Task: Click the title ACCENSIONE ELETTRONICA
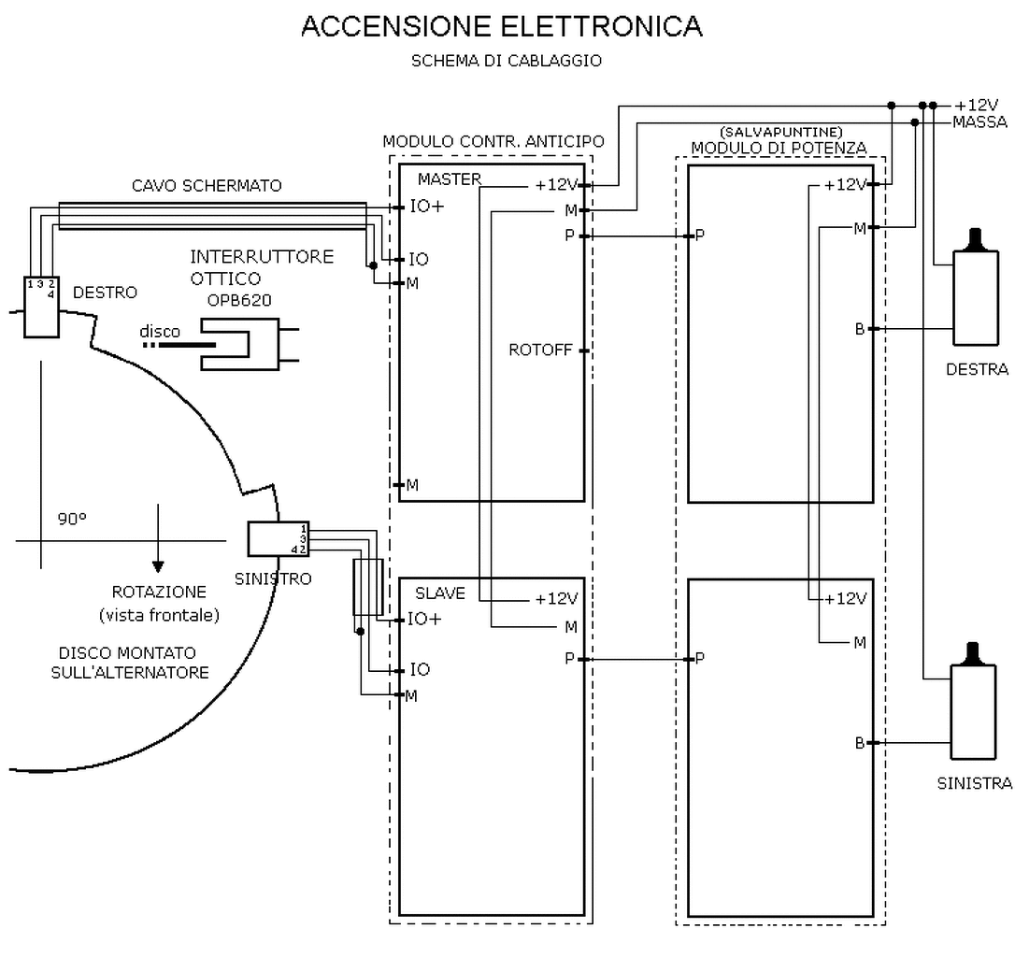(501, 27)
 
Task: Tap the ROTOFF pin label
(540, 350)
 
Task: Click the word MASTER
(449, 179)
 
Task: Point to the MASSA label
(979, 121)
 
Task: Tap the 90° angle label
(71, 521)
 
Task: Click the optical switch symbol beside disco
(245, 344)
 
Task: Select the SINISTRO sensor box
(278, 538)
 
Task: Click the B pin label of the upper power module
(859, 329)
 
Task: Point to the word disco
(160, 332)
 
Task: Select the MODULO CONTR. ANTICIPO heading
(493, 141)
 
